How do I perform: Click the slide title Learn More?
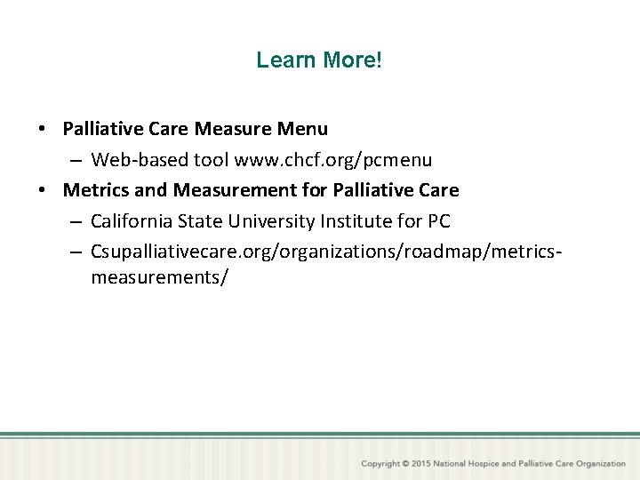point(319,60)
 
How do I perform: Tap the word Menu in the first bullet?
point(303,129)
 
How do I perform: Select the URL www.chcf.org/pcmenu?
point(332,160)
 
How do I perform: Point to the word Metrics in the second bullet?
point(96,190)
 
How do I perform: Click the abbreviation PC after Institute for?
point(438,221)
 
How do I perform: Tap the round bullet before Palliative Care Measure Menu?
point(42,129)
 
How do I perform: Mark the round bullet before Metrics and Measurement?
point(42,190)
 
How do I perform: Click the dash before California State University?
point(76,221)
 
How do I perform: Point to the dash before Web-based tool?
point(76,160)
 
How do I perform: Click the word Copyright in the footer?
point(380,464)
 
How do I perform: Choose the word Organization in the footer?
point(600,464)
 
